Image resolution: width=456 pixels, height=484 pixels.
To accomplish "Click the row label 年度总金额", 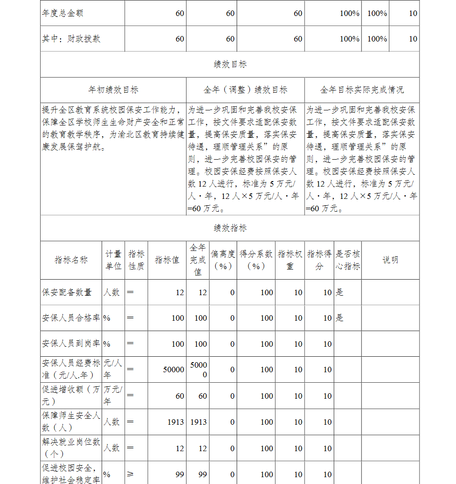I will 63,13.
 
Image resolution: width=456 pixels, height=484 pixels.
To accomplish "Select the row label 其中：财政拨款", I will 71,39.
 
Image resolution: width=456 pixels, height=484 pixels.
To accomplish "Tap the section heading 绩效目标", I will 230,64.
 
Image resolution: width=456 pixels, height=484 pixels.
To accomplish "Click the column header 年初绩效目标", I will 113,90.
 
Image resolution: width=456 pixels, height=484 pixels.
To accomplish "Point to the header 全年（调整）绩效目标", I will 245,90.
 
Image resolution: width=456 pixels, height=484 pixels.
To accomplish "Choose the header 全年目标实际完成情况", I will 362,90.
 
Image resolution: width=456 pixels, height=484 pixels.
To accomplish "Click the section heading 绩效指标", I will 230,228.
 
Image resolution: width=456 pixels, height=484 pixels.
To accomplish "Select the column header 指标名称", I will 71,260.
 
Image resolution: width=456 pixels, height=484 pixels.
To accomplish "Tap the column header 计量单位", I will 114,260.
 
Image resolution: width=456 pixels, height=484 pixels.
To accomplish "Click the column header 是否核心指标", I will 347,260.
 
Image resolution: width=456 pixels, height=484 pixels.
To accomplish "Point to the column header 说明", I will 390,260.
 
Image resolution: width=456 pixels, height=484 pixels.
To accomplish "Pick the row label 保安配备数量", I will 67,292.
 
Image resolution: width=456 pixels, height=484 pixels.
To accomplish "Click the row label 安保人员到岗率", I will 71,344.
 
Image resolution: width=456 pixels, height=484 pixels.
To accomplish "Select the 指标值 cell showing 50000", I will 174,370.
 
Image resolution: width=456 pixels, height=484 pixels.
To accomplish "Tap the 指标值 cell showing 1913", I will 176,422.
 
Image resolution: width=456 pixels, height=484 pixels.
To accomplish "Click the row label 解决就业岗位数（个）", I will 71,448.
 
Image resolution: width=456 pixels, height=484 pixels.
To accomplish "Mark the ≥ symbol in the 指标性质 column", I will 130,474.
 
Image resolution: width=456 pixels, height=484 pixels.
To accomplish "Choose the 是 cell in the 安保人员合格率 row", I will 340,318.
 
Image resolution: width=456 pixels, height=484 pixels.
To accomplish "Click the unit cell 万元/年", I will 114,396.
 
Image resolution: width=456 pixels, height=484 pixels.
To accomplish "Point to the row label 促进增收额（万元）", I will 71,396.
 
